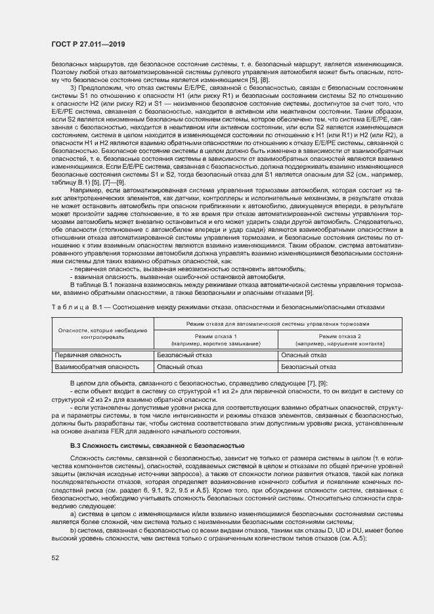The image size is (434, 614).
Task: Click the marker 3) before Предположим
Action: point(73,87)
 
